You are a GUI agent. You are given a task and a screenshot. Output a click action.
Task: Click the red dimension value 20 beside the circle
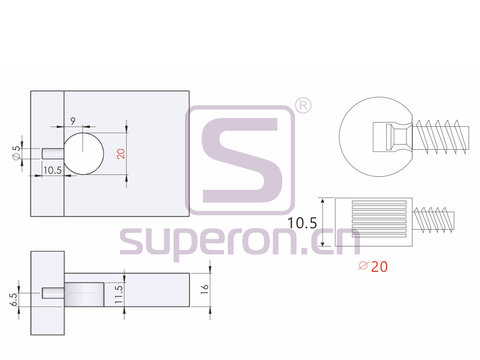[121, 154]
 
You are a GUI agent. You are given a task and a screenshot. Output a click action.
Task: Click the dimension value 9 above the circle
[73, 121]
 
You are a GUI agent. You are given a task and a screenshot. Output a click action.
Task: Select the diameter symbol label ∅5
[17, 153]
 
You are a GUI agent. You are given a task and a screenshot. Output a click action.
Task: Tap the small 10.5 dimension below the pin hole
[52, 170]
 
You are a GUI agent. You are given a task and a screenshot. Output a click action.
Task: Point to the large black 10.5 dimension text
[302, 223]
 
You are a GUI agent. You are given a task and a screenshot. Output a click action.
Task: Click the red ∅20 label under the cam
[373, 267]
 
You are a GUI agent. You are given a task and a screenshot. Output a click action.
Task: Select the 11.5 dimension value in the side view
[119, 294]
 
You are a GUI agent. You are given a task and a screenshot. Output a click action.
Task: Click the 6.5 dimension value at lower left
[13, 300]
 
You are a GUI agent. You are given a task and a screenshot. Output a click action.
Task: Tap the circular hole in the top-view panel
[84, 153]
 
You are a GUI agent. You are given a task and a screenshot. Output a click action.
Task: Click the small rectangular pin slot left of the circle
[53, 153]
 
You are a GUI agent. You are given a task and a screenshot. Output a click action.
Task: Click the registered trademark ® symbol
[303, 106]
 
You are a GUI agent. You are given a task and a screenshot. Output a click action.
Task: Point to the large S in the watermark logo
[240, 160]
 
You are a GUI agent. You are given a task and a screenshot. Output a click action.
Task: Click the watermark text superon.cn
[240, 243]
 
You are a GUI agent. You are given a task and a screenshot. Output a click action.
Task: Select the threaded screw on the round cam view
[441, 137]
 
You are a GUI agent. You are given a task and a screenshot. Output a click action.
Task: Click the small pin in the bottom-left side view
[53, 293]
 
